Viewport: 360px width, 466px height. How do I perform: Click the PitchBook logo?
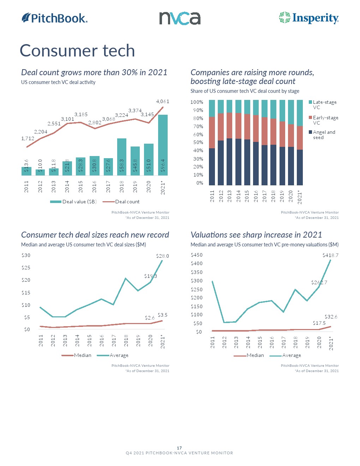(55, 18)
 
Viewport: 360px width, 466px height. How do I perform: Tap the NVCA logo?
(180, 18)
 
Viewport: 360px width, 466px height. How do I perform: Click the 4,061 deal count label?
(163, 101)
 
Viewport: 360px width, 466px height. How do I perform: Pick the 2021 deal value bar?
(163, 145)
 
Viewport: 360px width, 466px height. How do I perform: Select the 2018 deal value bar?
(122, 157)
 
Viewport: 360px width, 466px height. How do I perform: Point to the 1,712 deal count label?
(28, 138)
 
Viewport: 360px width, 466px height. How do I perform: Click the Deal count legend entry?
(127, 202)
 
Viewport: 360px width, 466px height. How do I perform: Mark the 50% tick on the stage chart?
(197, 142)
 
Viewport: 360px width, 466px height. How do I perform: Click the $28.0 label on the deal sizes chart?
(162, 256)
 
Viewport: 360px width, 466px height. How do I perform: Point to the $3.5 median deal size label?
(162, 315)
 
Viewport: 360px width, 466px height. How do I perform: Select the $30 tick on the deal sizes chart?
(26, 255)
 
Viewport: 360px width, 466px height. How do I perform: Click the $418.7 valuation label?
(330, 255)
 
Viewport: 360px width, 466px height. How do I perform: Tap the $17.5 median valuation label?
(319, 323)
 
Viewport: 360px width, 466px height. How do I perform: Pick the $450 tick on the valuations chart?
(197, 255)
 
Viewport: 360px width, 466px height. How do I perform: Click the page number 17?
(179, 448)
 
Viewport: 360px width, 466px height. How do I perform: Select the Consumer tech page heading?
(77, 50)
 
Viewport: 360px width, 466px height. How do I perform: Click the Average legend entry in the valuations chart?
(291, 355)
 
